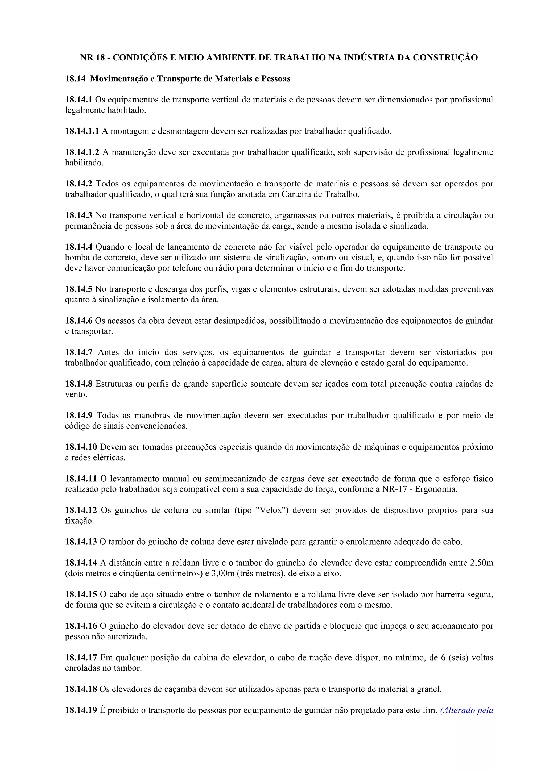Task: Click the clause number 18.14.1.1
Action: tap(82, 131)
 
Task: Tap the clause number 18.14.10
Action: tap(81, 447)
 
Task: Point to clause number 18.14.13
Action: tap(81, 542)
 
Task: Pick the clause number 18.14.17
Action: tap(81, 657)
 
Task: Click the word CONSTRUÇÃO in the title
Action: tap(445, 57)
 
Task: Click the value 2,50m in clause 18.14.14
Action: tap(482, 563)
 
